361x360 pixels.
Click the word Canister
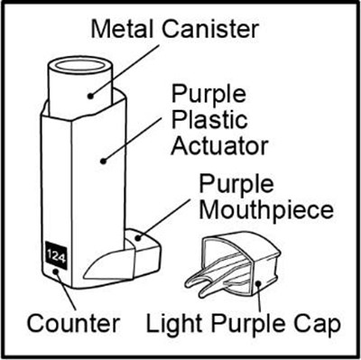point(210,29)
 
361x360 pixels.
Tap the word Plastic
point(209,120)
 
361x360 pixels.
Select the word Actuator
point(219,146)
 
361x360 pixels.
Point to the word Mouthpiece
point(266,209)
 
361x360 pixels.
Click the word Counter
point(74,324)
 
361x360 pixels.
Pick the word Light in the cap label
point(173,324)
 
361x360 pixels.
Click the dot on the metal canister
point(90,97)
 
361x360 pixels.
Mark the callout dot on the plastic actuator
point(104,162)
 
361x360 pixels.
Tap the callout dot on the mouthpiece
point(138,238)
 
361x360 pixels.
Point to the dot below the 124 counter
point(56,272)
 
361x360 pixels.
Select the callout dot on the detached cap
point(258,283)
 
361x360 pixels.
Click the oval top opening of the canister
point(79,65)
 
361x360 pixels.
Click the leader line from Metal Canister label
point(125,71)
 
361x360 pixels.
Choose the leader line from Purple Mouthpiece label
point(164,218)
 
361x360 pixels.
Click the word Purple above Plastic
point(208,94)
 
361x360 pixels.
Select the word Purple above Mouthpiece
point(236,184)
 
